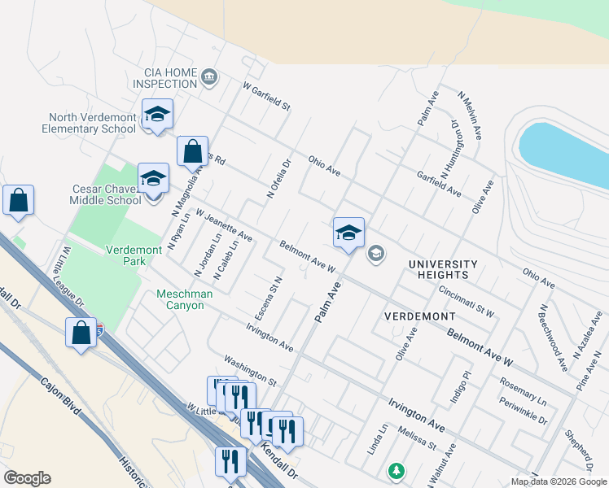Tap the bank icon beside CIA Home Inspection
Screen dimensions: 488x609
[209, 78]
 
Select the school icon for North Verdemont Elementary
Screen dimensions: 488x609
[157, 115]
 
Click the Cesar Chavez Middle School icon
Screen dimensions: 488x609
[152, 178]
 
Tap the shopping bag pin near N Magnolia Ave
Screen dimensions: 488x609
[192, 151]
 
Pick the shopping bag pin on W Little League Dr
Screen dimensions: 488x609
[81, 333]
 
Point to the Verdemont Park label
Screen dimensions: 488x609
[125, 255]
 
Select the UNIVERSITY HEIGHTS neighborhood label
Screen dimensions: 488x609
[443, 270]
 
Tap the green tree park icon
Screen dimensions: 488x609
[396, 470]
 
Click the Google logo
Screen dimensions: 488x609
[27, 478]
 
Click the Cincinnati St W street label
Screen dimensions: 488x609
[466, 301]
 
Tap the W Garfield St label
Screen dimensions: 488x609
[266, 97]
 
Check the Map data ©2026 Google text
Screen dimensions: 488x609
[558, 481]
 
